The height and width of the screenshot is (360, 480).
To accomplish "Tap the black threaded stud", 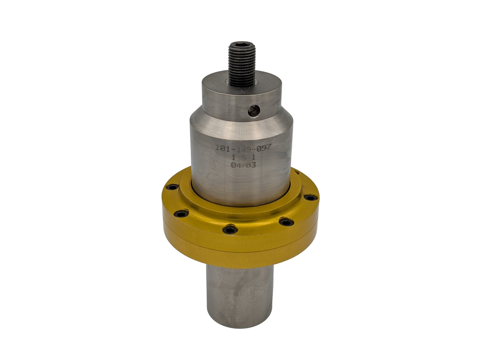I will tap(242, 65).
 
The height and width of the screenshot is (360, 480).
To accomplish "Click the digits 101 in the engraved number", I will tap(222, 148).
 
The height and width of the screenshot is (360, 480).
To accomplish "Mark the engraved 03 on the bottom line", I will tap(250, 165).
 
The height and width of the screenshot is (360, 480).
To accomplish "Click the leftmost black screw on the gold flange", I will tap(172, 187).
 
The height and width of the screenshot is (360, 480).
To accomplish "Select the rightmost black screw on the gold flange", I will tap(310, 197).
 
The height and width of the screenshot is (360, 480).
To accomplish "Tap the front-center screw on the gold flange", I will tap(230, 229).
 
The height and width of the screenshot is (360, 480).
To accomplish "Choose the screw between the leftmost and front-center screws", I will tap(181, 214).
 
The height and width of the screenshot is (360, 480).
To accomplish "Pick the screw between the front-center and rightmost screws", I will tap(286, 222).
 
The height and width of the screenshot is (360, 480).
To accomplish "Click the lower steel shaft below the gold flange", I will tap(239, 292).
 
